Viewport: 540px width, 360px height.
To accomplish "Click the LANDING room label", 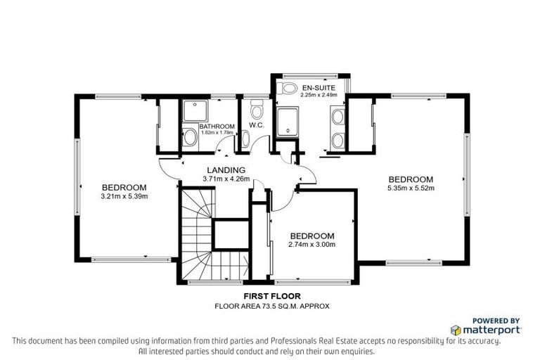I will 225,170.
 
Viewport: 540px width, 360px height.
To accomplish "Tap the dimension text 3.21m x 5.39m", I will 124,196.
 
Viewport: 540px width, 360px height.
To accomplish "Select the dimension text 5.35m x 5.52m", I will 411,188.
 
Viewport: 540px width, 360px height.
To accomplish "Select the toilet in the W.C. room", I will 256,111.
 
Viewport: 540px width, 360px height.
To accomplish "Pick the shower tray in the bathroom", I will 191,110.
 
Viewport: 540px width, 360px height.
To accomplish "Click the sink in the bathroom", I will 189,138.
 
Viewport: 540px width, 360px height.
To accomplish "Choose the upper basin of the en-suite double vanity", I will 337,116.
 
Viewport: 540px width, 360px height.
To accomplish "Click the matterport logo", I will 486,330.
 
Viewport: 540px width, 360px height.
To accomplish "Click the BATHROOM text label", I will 198,126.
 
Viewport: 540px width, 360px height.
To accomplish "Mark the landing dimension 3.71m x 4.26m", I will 225,179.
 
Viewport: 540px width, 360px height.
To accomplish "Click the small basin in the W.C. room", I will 245,139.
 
